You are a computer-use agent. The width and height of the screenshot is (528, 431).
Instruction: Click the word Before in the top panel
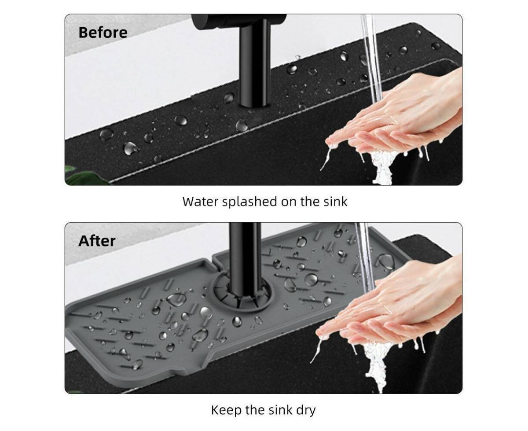pos(103,33)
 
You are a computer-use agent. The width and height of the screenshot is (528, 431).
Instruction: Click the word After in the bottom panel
pos(97,241)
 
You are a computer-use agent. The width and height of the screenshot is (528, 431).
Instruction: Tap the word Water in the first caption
pos(200,202)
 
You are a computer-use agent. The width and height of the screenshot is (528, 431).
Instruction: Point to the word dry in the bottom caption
pos(306,410)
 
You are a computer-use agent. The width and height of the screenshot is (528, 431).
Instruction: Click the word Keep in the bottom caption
pos(227,410)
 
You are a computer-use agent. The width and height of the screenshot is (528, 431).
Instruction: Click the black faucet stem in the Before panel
pos(255,63)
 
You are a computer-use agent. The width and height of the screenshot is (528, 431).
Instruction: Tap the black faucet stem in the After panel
pos(246,259)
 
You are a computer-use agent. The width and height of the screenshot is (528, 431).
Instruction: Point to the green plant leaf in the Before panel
pos(85,175)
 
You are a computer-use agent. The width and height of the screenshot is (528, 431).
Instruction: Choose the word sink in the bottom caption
pos(280,410)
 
